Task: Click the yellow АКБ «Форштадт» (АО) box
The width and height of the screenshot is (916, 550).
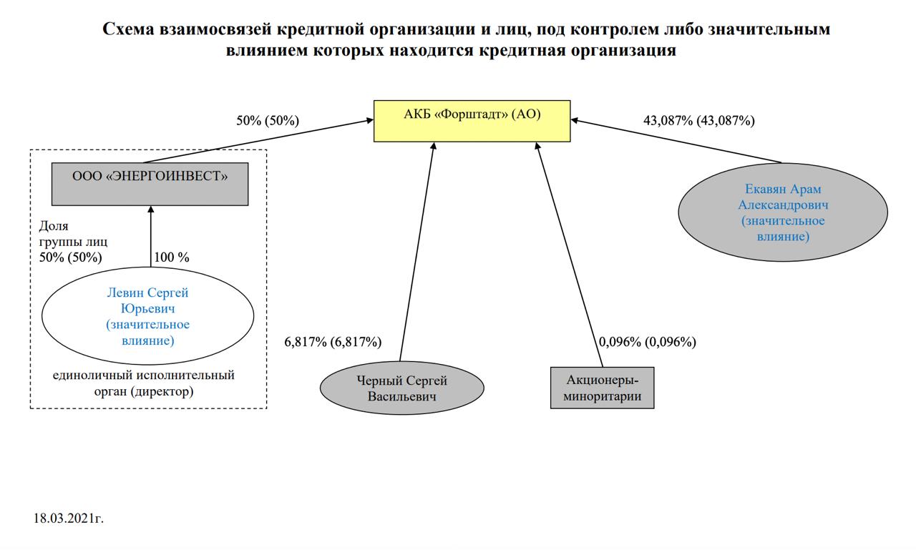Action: point(472,121)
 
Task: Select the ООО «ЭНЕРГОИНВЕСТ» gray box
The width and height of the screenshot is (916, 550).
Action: point(150,184)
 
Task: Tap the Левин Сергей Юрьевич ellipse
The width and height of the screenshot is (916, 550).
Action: point(148,316)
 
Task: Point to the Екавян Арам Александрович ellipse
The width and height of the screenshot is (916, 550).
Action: point(783,212)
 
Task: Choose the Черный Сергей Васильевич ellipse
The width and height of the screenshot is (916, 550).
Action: point(401,388)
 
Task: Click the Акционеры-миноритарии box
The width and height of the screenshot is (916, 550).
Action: point(602,388)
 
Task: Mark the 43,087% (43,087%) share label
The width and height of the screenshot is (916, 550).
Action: point(698,121)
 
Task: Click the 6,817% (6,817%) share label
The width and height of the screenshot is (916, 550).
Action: point(333,342)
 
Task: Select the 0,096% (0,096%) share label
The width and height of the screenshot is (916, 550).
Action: point(647,342)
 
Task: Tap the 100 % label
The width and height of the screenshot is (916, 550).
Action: point(172,257)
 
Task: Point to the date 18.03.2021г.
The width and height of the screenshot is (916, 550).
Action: point(69,518)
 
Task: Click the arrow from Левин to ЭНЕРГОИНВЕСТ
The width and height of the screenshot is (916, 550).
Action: point(151,236)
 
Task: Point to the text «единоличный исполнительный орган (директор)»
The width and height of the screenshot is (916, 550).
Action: point(144,383)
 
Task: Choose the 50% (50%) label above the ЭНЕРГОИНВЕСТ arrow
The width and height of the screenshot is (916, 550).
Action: point(268,121)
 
